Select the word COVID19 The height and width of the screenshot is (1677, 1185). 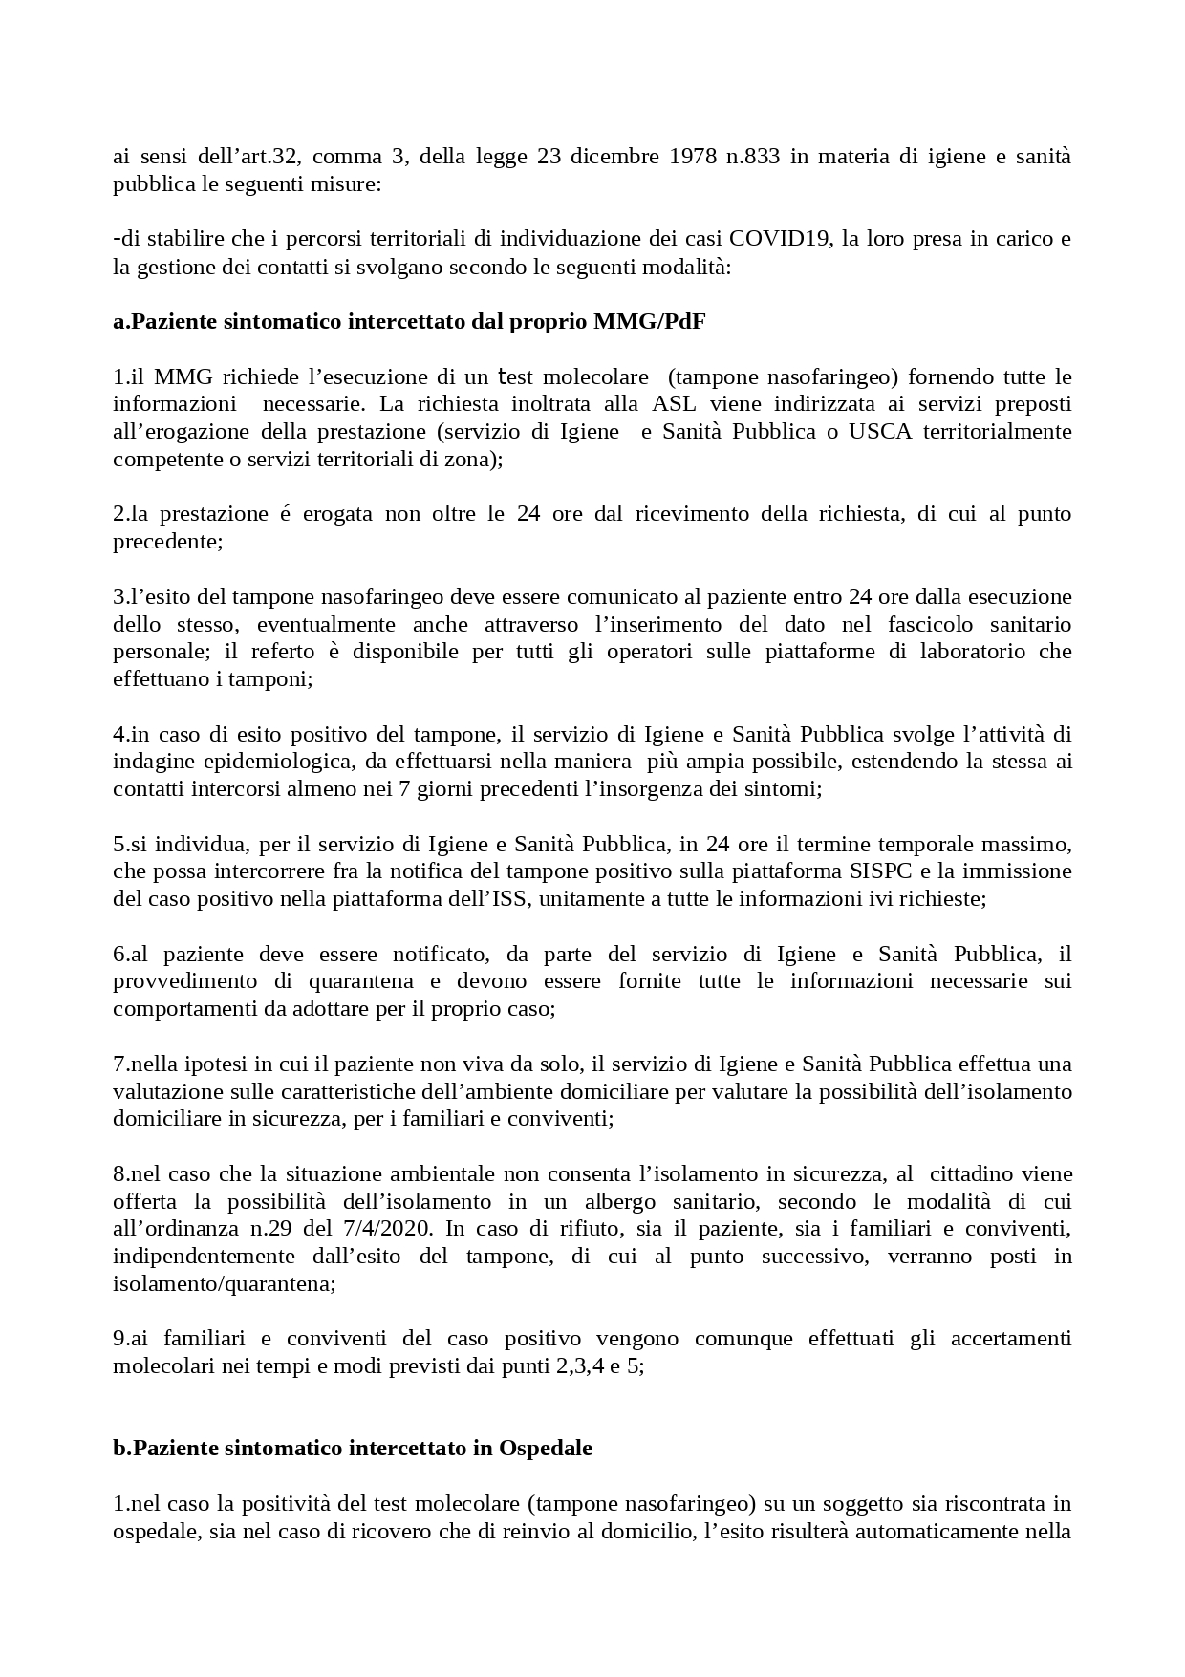point(780,239)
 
